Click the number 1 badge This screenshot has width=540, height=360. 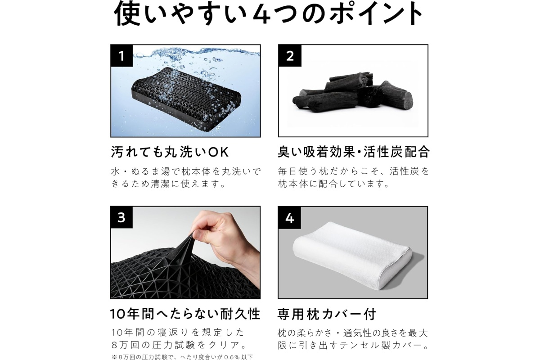(x=121, y=55)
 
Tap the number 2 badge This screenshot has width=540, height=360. (x=290, y=55)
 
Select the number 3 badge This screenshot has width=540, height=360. (x=121, y=217)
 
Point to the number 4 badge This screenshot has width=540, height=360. (x=289, y=218)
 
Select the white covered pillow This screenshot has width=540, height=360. (x=352, y=255)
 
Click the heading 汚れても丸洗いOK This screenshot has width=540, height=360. (x=170, y=152)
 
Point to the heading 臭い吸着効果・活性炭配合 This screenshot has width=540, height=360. (x=354, y=152)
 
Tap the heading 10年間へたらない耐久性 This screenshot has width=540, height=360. (x=185, y=314)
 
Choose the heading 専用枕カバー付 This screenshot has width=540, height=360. (x=327, y=314)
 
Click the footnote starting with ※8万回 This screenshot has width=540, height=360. (x=182, y=357)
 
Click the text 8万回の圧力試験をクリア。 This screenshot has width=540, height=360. (x=180, y=345)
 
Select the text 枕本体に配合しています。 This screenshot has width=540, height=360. (x=334, y=184)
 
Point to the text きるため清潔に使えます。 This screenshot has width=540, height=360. (x=169, y=184)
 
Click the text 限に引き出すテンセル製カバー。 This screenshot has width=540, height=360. (x=353, y=346)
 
